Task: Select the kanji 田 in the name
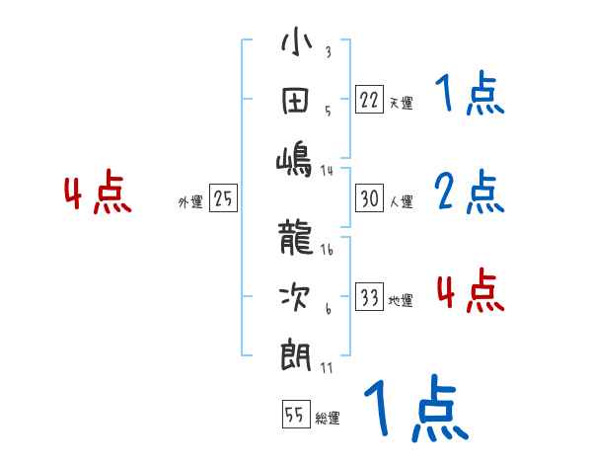[x=296, y=102]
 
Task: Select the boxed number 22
[x=369, y=99]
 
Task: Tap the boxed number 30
[x=369, y=197]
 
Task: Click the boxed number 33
[x=369, y=297]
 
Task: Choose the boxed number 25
[x=223, y=198]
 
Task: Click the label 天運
[x=401, y=103]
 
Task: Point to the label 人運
[x=401, y=202]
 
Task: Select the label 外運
[x=190, y=202]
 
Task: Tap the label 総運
[x=328, y=419]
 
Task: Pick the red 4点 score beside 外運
[x=97, y=193]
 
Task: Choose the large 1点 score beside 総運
[x=413, y=409]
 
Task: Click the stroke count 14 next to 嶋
[x=327, y=170]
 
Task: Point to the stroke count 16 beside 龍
[x=327, y=250]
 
